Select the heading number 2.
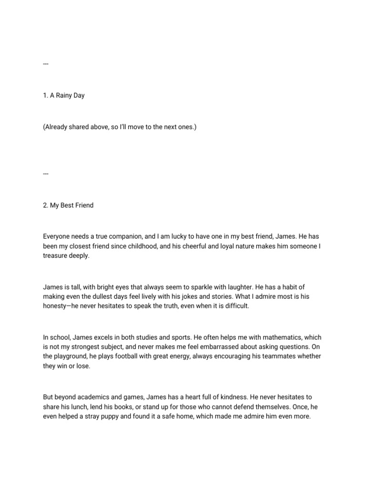point(45,205)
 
